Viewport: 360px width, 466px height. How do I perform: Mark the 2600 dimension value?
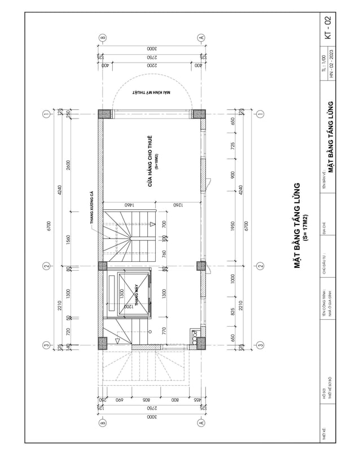pos(69,164)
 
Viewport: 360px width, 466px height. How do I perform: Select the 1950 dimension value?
pos(232,226)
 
